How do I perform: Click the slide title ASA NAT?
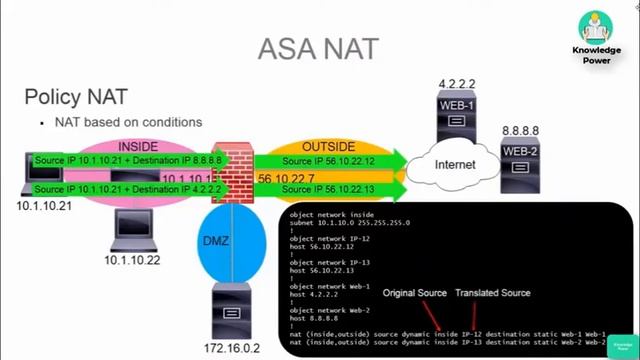coord(319,48)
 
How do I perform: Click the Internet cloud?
coord(454,163)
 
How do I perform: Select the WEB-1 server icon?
coord(455,116)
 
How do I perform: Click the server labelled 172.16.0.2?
coord(232,311)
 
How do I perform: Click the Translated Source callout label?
coord(492,293)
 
